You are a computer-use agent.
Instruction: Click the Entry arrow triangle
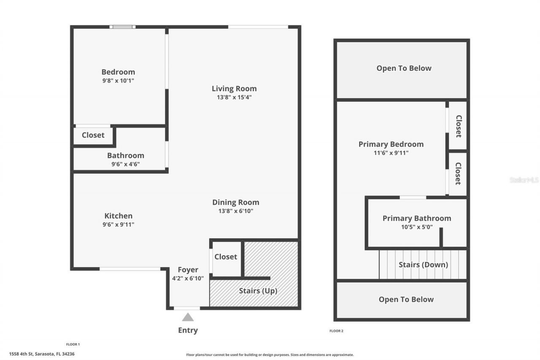188,317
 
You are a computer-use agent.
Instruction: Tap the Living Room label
234,89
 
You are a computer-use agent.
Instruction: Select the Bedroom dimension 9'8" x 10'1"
118,80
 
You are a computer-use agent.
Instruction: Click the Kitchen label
118,216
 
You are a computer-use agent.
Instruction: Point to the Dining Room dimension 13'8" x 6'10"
235,211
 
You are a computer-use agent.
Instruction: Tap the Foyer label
188,270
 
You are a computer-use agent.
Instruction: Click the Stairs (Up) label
258,291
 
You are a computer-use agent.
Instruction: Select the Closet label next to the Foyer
226,257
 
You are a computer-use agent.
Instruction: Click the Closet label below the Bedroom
93,135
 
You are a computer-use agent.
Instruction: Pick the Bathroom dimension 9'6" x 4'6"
125,164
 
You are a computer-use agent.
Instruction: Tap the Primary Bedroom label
391,144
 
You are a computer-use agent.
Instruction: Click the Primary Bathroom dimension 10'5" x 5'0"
416,227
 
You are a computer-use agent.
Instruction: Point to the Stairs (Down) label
423,265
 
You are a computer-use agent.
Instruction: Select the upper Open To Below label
404,68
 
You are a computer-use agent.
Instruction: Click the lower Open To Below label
406,299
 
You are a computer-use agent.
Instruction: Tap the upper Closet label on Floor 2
458,126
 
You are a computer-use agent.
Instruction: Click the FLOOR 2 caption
336,331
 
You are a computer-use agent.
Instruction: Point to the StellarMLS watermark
524,180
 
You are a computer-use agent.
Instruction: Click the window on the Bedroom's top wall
122,27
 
